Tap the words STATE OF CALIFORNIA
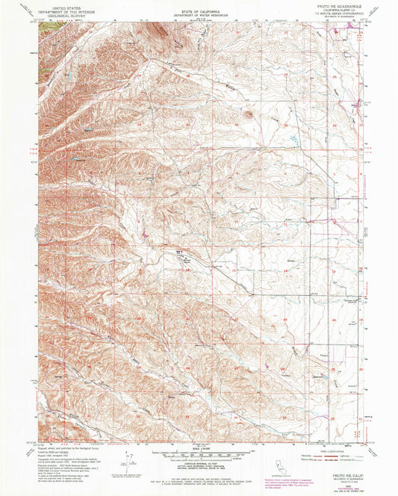(x=199, y=5)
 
